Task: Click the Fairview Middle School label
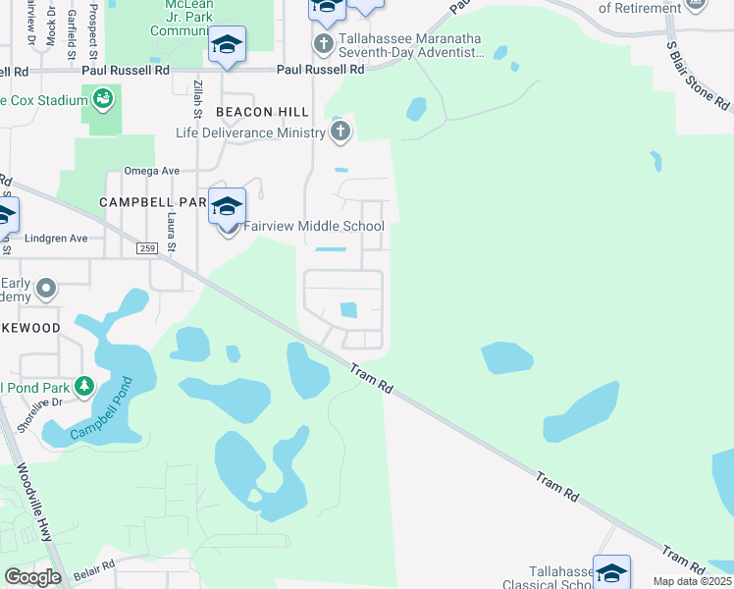[x=314, y=227]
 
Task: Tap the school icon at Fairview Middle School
[x=227, y=206]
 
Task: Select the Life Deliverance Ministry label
[x=250, y=134]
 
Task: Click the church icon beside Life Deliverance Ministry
[x=341, y=134]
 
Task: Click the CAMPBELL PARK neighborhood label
[x=152, y=202]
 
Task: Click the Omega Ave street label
[x=151, y=171]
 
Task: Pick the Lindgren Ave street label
[x=58, y=239]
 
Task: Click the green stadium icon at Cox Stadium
[x=102, y=99]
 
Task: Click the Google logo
[x=33, y=577]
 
